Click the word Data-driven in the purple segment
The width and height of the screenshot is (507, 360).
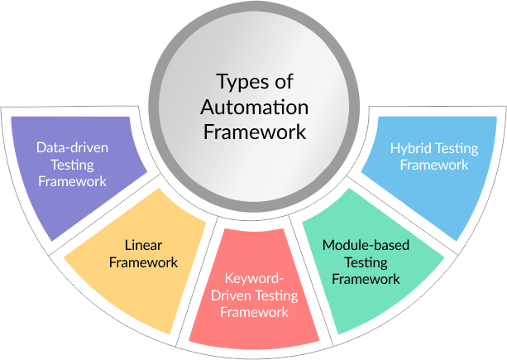point(73,149)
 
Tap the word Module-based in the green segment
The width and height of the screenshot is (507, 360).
point(366,246)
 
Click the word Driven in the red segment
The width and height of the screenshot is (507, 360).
point(233,296)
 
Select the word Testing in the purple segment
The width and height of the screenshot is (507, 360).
point(73,165)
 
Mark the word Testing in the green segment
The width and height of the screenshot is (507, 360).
point(366,262)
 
